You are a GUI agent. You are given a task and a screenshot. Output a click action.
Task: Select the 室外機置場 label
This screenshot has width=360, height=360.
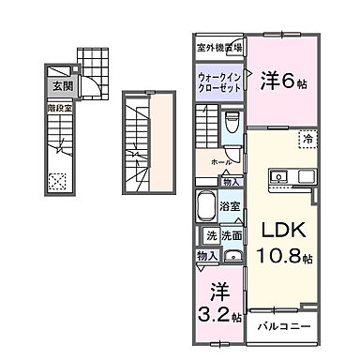(x=220, y=46)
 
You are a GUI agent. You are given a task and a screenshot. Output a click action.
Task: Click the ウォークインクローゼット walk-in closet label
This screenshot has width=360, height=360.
(x=220, y=82)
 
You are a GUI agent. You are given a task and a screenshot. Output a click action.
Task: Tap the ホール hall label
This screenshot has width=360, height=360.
(x=221, y=161)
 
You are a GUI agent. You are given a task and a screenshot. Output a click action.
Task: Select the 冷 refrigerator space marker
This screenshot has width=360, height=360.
(x=307, y=140)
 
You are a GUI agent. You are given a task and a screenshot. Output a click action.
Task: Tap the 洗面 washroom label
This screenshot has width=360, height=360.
(x=233, y=237)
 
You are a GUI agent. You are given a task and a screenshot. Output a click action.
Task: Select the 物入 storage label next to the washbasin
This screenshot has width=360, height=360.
(x=207, y=256)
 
